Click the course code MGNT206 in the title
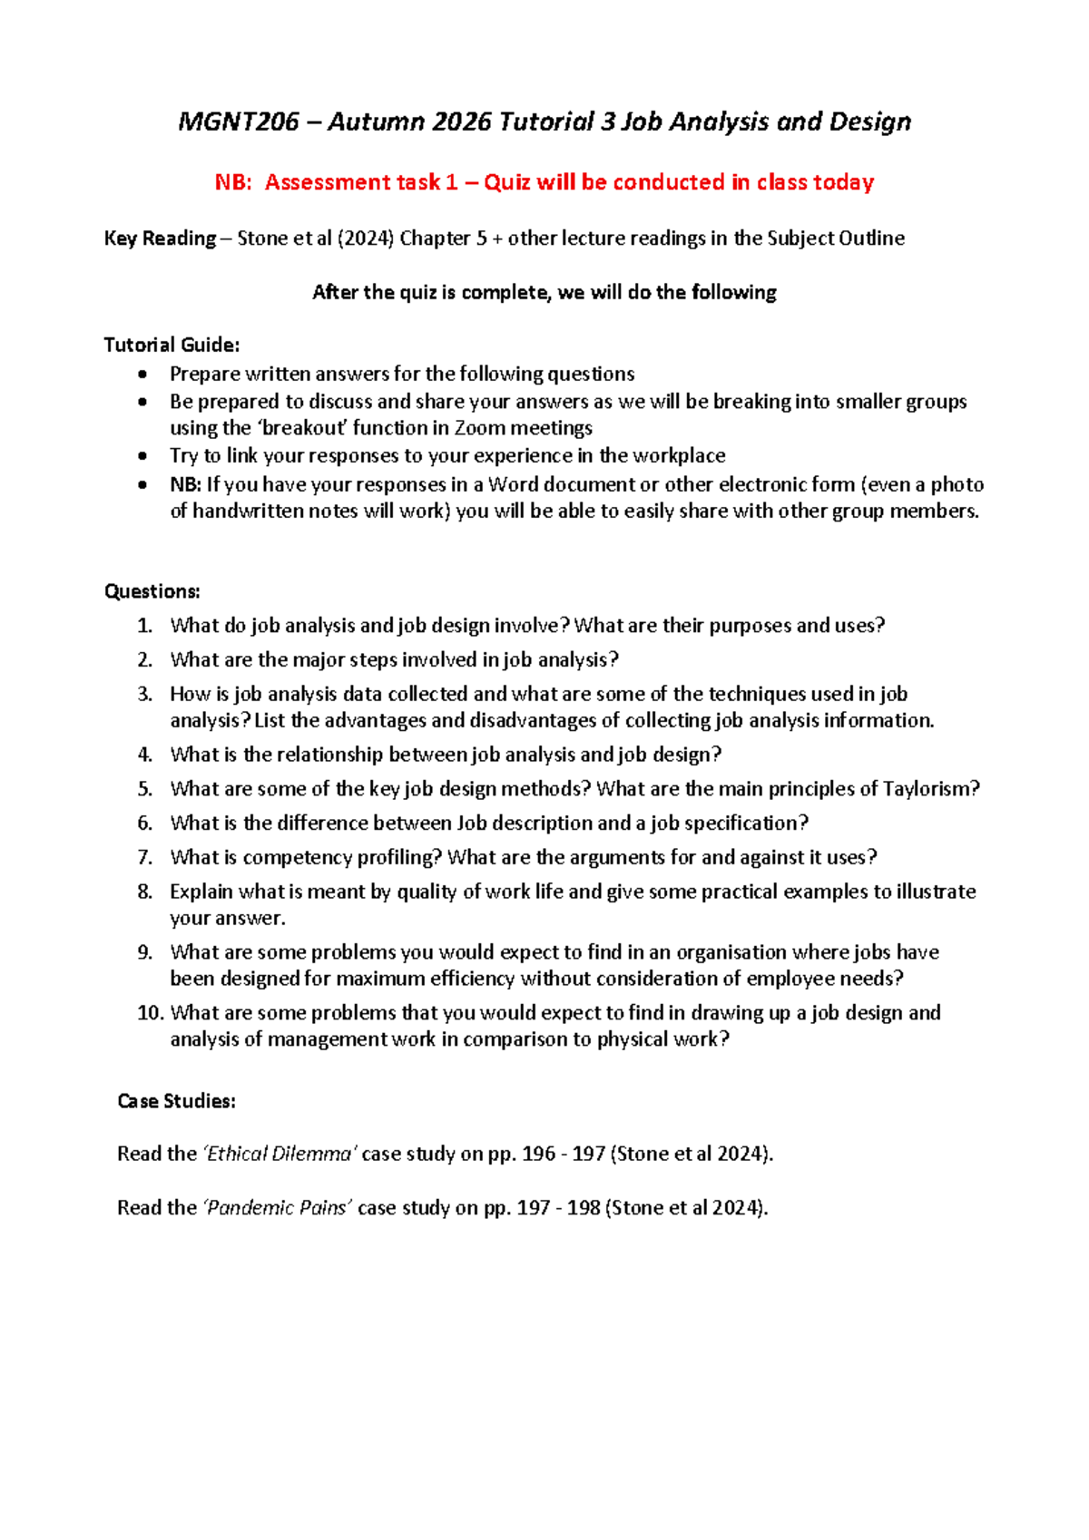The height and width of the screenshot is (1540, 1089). point(239,122)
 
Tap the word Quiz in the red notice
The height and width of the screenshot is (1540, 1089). point(506,182)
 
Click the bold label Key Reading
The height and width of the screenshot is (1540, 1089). point(160,239)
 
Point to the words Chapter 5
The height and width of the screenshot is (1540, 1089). point(443,239)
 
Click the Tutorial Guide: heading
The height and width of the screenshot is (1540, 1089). point(172,345)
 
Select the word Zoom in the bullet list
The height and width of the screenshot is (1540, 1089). point(479,428)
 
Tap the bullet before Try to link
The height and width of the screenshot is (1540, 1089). point(142,456)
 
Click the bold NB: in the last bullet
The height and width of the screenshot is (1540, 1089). point(185,484)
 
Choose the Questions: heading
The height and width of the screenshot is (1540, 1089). point(152,591)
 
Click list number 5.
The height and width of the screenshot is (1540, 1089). point(145,789)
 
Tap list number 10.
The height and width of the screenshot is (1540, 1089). point(150,1013)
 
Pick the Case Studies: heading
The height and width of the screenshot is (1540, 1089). point(176,1101)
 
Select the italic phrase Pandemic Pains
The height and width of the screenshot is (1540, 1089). point(278,1208)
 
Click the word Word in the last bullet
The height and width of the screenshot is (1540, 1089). point(514,484)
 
